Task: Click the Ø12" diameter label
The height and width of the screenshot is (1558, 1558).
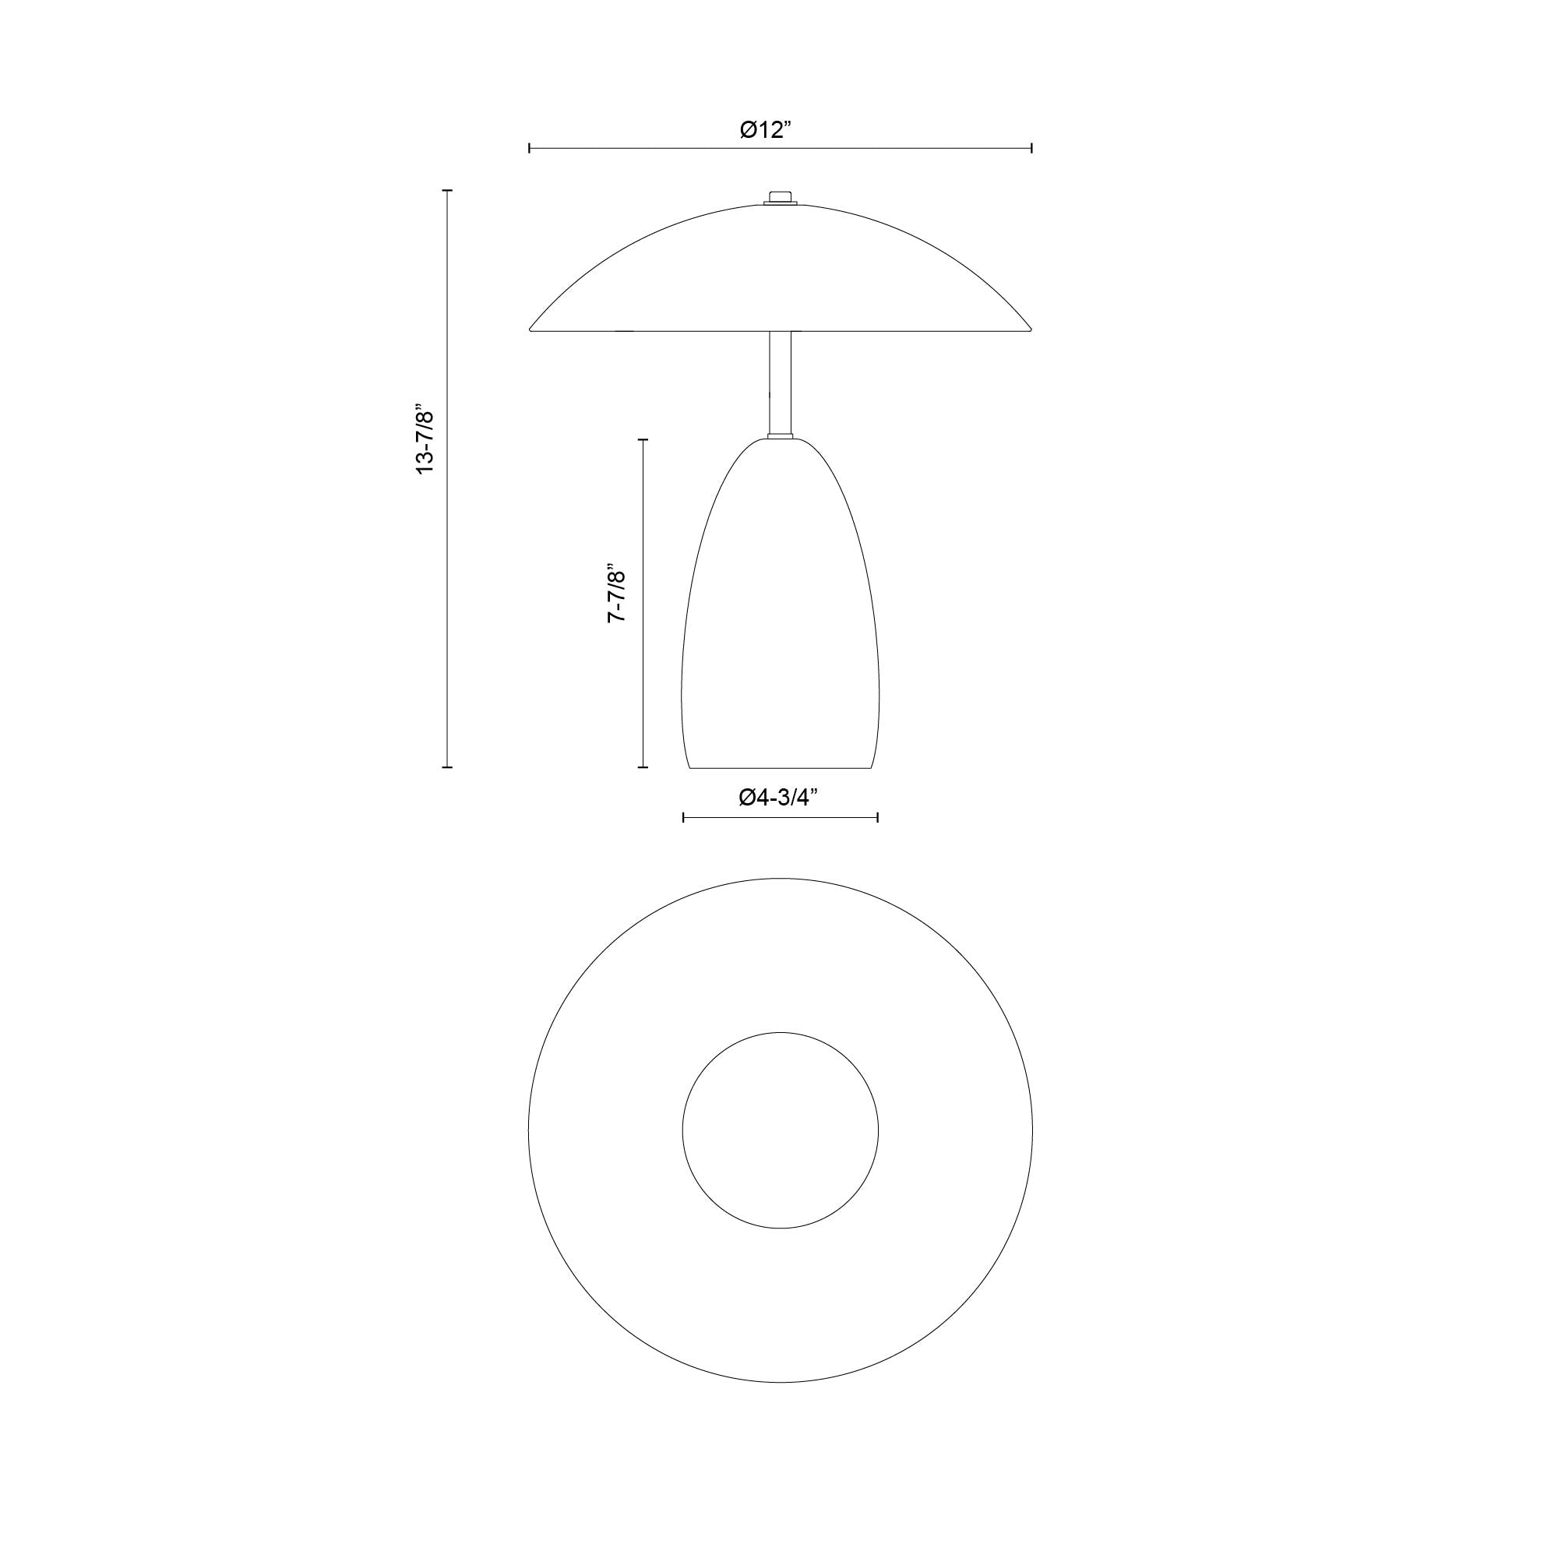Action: [766, 130]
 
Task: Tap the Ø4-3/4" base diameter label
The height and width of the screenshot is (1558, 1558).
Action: [778, 798]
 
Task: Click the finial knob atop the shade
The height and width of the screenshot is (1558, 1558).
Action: [780, 197]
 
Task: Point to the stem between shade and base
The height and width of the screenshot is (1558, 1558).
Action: [780, 383]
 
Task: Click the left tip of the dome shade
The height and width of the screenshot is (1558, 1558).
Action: [531, 328]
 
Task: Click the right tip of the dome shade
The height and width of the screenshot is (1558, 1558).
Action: [1030, 328]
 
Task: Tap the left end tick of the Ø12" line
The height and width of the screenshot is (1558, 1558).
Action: [529, 148]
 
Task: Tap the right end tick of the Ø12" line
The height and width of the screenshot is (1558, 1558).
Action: [1032, 148]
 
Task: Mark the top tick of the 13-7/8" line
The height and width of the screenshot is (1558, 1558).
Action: [448, 191]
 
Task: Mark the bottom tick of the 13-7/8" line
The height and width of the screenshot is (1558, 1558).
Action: [448, 767]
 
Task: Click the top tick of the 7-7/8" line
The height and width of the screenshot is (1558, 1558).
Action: [643, 439]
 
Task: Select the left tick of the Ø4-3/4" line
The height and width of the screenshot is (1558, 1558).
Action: [683, 818]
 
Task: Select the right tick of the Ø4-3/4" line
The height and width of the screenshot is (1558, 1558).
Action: [877, 818]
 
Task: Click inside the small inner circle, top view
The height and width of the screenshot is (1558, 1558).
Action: [780, 1130]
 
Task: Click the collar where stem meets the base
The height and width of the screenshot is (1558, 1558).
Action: [780, 437]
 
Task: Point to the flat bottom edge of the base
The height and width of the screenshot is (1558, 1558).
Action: [780, 767]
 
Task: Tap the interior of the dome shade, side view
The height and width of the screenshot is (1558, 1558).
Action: [780, 274]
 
